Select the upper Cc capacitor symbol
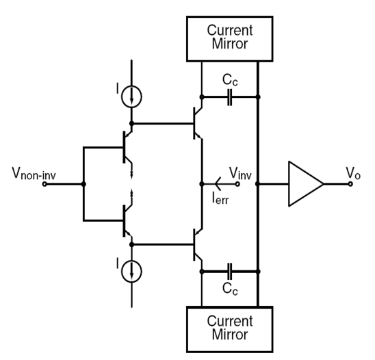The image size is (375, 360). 229,97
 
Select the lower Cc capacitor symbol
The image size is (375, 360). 229,272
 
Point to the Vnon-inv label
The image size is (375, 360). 34,173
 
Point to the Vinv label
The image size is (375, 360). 240,173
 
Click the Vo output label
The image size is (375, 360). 352,173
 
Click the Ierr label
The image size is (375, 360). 220,198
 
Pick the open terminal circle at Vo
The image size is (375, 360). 350,184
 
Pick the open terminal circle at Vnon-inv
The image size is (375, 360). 44,184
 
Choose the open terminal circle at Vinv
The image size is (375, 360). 237,184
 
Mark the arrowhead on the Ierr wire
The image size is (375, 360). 218,184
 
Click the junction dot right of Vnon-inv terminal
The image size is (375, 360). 83,184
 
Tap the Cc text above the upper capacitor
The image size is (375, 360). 230,79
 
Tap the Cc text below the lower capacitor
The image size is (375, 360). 230,288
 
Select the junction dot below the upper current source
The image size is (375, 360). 131,123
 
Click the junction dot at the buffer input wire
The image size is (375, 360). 258,184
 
